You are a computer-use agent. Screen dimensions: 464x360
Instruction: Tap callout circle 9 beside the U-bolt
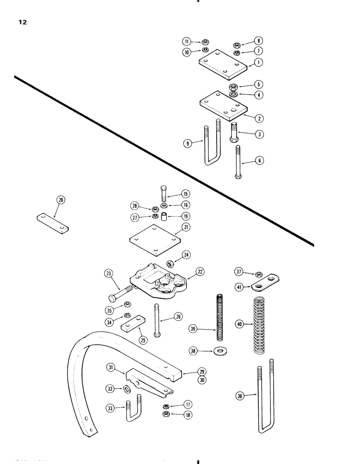pos(188,144)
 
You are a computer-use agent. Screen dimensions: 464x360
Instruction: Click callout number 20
pos(61,200)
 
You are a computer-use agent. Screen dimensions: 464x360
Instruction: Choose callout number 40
pos(239,325)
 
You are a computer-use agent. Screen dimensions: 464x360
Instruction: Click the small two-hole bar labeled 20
pos(52,223)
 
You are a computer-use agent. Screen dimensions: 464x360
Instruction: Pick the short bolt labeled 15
pos(164,193)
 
